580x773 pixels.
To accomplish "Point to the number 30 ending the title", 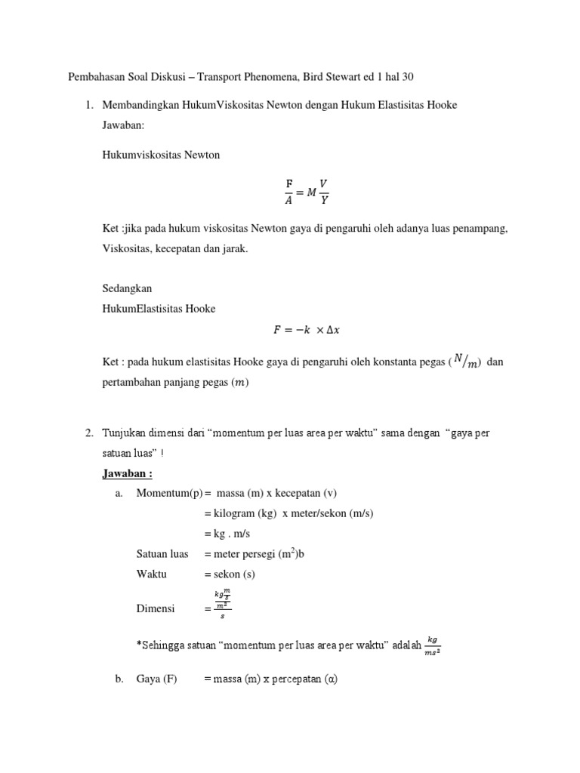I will (x=407, y=77).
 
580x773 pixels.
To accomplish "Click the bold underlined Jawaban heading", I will (x=128, y=473).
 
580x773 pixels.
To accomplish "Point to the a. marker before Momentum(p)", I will (x=119, y=494).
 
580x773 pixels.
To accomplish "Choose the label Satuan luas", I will (x=162, y=554).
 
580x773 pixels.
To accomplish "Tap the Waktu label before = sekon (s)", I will (x=152, y=574).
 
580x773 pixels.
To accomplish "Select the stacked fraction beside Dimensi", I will (x=222, y=605).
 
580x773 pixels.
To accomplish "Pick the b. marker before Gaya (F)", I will (x=119, y=679).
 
